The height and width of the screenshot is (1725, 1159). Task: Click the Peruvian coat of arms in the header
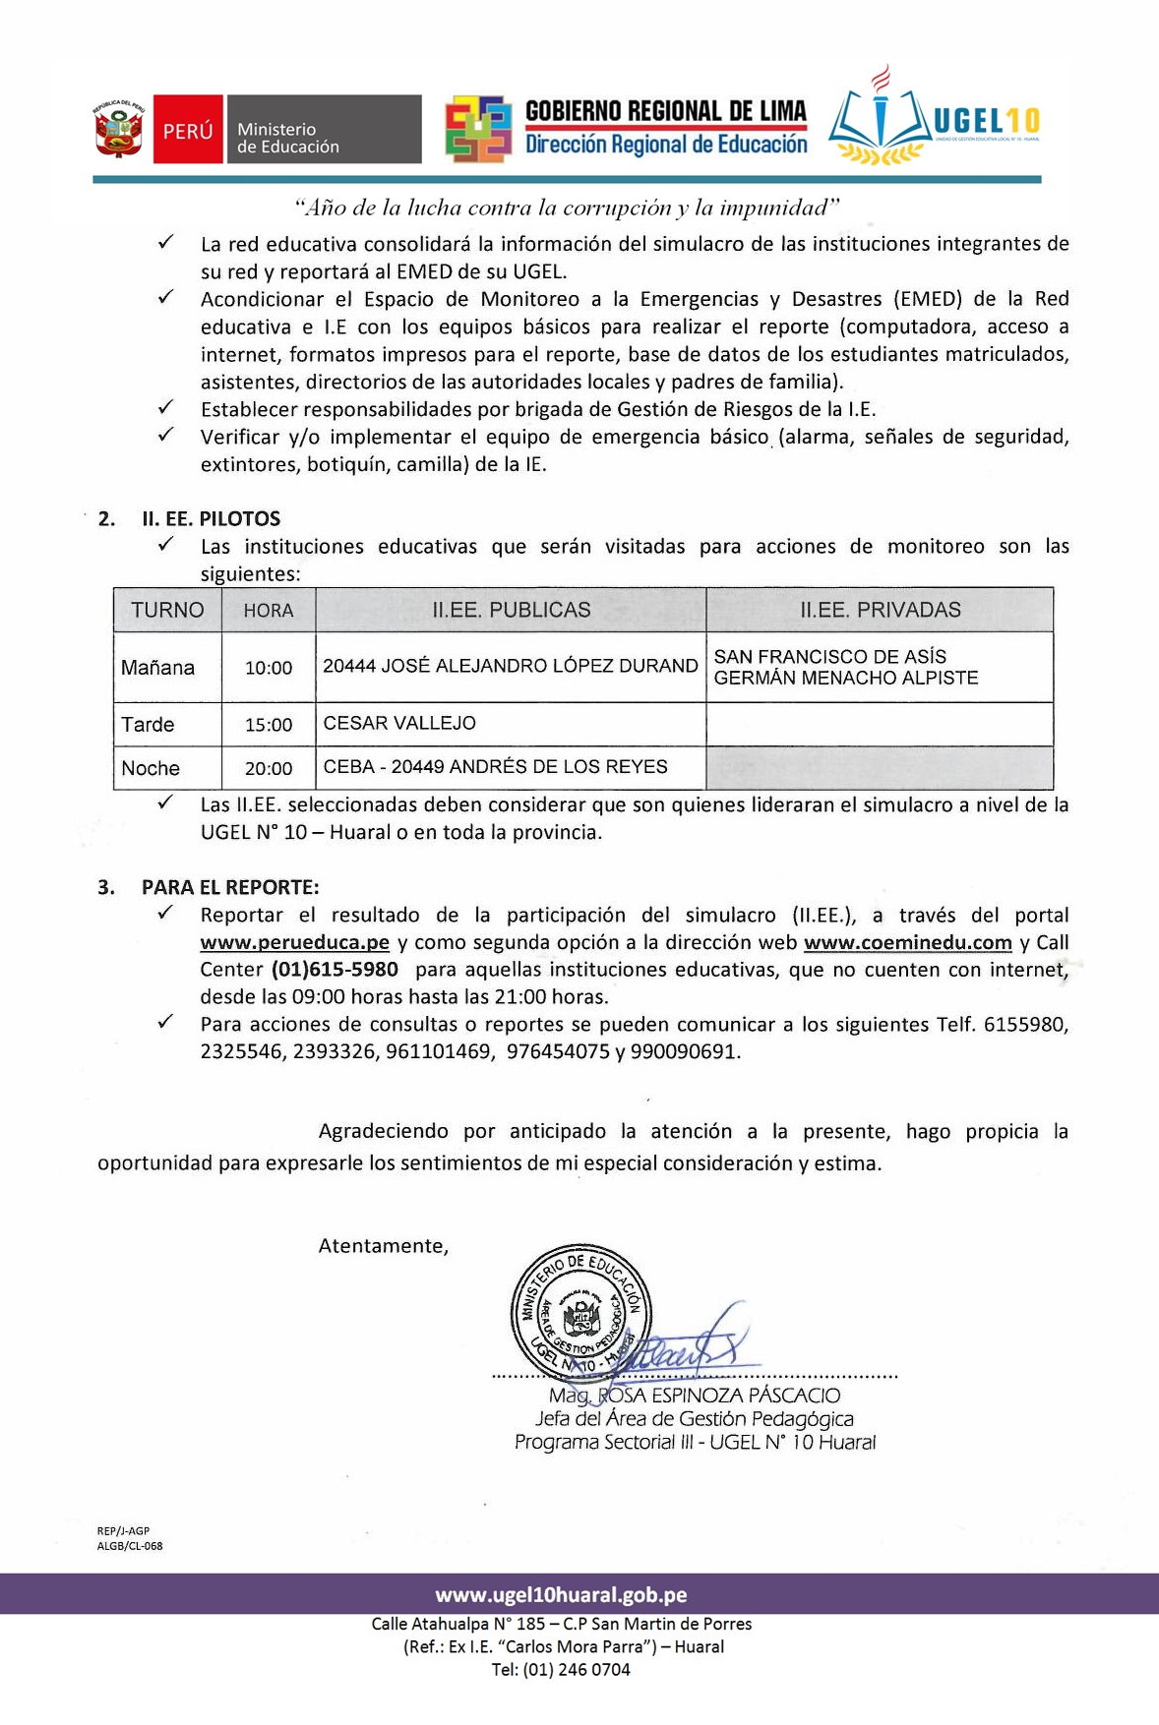[x=119, y=129]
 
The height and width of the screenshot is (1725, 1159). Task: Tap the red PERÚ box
[x=188, y=130]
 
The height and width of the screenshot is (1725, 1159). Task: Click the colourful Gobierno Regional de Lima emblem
[x=478, y=129]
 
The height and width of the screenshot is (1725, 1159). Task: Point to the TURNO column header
[x=167, y=610]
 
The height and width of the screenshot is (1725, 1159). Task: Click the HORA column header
[x=269, y=611]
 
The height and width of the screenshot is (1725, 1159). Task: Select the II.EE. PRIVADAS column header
[x=880, y=610]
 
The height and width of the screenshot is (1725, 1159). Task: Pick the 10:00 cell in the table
[x=269, y=668]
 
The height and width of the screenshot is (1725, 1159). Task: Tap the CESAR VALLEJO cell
[x=399, y=723]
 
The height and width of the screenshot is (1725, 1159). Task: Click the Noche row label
[x=151, y=768]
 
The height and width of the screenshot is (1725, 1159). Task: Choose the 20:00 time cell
[x=269, y=768]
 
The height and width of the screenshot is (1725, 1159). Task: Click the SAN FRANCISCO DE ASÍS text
[x=829, y=656]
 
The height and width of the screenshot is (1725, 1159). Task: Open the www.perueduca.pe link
[x=294, y=942]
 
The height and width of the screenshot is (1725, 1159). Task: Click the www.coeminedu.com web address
[x=907, y=942]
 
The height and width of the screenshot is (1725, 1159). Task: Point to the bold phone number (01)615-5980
[x=335, y=970]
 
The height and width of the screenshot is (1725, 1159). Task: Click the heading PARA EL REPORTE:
[x=230, y=887]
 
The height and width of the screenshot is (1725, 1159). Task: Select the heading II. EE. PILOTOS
[x=211, y=518]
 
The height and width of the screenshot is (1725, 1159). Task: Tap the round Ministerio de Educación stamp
[x=580, y=1314]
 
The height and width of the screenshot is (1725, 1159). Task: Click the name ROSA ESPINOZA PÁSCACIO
[x=718, y=1396]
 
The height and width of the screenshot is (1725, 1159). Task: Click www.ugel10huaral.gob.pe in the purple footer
[x=561, y=1594]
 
